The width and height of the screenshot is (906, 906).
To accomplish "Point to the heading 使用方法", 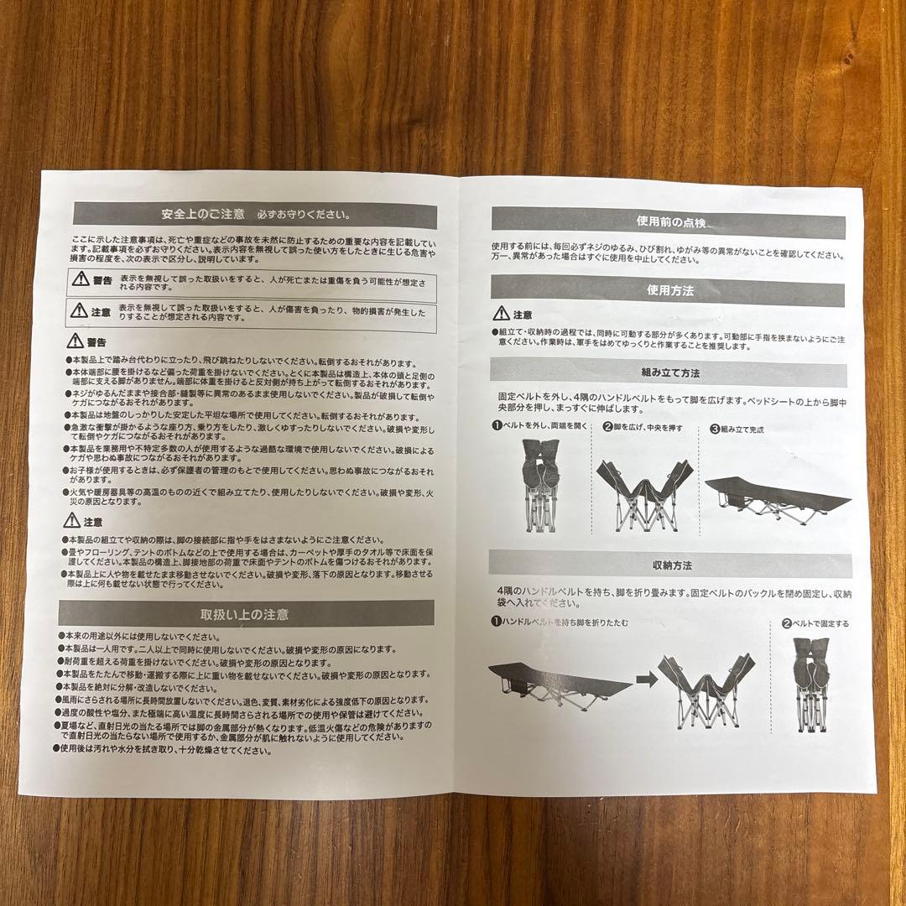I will click(x=669, y=292).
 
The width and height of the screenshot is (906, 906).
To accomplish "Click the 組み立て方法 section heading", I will click(x=669, y=372).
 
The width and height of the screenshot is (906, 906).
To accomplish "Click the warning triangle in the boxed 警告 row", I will click(x=81, y=279).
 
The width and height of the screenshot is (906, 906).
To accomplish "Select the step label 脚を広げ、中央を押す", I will click(x=642, y=428).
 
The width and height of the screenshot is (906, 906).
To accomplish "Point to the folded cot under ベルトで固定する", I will click(x=810, y=684).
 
